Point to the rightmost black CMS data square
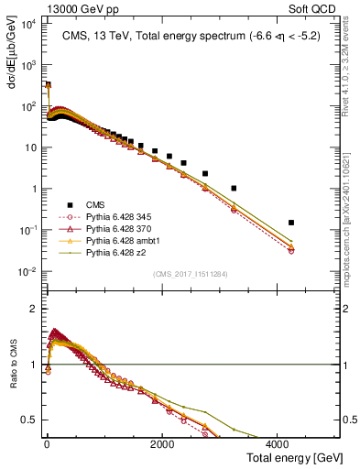pos(290,223)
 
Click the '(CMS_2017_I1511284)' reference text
pos(191,274)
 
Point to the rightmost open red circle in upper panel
pos(290,250)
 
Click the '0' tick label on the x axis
pos(46,444)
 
